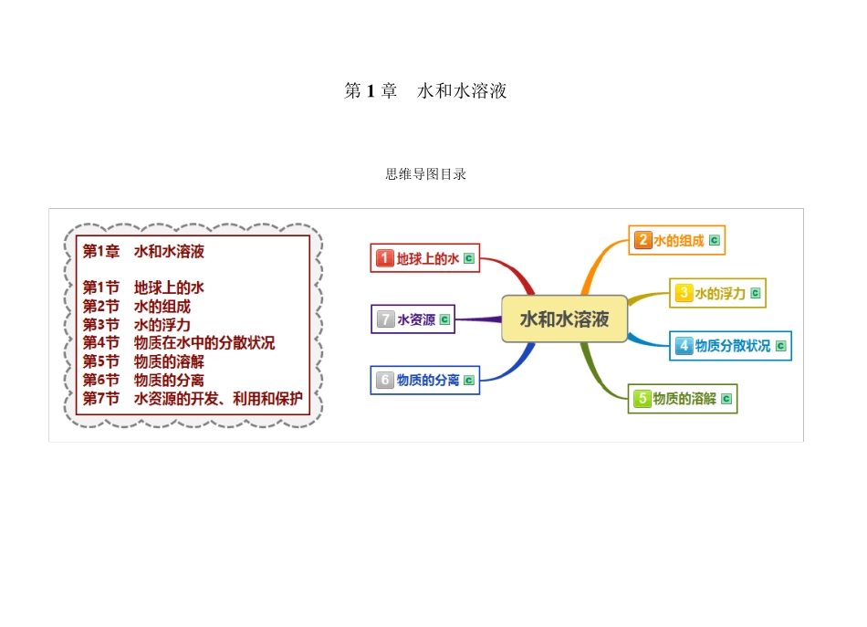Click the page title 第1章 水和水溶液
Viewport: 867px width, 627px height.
tap(425, 91)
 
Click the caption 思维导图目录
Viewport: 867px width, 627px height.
tap(425, 173)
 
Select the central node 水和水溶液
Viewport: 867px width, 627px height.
tap(564, 319)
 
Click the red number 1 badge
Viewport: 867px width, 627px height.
tap(385, 258)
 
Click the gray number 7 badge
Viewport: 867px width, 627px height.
tap(386, 319)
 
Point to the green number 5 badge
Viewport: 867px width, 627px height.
tap(642, 399)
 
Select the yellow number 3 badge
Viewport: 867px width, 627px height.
tap(684, 293)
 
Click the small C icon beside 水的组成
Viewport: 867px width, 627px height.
tap(715, 241)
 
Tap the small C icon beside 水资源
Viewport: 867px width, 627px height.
tap(444, 319)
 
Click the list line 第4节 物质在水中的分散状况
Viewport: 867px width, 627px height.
tap(179, 343)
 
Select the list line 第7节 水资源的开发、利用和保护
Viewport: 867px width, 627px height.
tap(193, 398)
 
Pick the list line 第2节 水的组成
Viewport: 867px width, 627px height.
tap(137, 307)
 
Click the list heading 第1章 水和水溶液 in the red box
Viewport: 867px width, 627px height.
tap(143, 251)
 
